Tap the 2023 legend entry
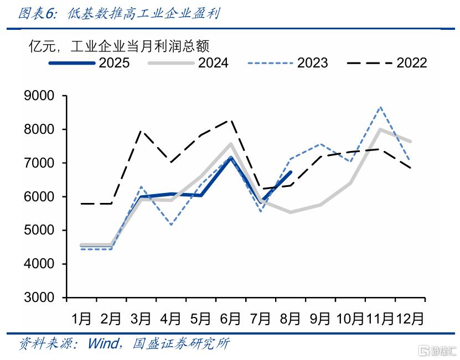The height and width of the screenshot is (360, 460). click(288, 62)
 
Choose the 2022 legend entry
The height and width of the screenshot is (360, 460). click(387, 62)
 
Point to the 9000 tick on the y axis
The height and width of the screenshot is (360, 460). click(39, 96)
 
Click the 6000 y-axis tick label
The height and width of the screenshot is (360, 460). click(39, 197)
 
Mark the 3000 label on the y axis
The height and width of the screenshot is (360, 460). click(39, 298)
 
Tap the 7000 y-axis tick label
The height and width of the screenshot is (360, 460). click(39, 163)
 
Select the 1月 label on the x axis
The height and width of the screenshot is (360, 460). click(81, 319)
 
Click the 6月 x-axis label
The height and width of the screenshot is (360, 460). click(230, 319)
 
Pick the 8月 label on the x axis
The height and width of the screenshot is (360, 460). click(290, 319)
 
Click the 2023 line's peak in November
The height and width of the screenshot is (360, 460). click(381, 107)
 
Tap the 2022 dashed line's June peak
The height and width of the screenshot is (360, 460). click(231, 119)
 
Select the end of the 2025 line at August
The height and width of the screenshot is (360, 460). click(291, 172)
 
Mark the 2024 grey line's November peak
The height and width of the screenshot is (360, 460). click(380, 129)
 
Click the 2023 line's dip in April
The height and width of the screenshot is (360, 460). click(171, 225)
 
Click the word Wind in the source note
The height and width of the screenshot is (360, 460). click(103, 343)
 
